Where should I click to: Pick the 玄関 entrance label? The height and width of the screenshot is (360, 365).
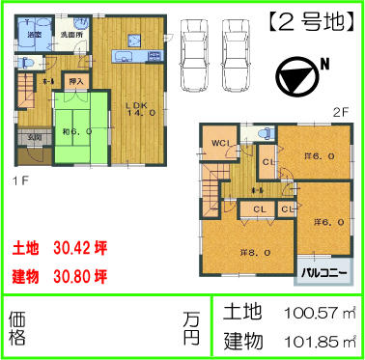tap(33, 138)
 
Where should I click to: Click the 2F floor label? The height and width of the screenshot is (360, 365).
tap(339, 112)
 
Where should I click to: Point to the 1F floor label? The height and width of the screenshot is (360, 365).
tap(19, 180)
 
